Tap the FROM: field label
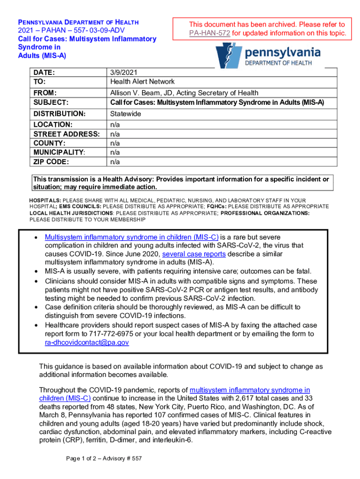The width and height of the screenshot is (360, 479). [45, 93]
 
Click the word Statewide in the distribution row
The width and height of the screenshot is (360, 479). [125, 114]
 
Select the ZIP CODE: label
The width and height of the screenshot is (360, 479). [50, 162]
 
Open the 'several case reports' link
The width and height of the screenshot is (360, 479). [194, 254]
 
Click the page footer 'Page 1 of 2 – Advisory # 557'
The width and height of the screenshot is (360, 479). [103, 459]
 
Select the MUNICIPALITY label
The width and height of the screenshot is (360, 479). [58, 152]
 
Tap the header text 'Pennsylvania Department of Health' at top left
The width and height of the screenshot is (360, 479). [78, 22]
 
